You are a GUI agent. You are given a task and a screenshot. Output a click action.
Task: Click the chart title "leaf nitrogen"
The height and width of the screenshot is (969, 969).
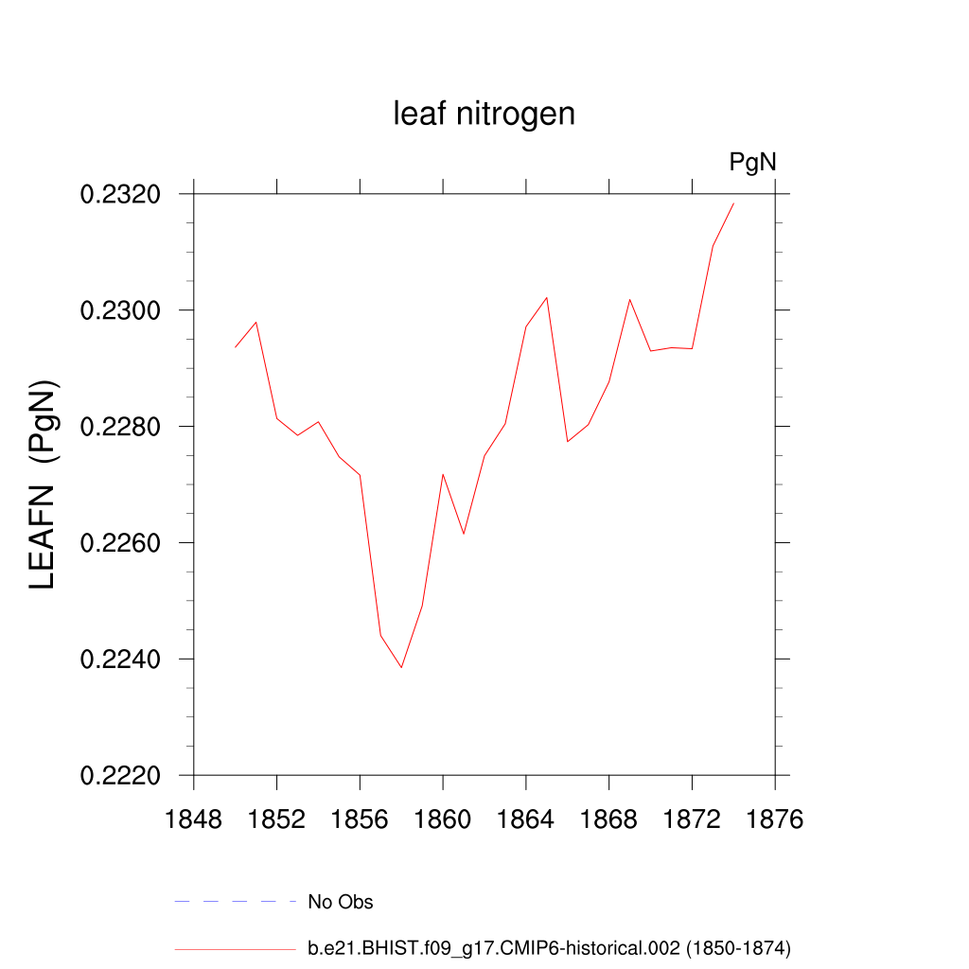click(x=484, y=115)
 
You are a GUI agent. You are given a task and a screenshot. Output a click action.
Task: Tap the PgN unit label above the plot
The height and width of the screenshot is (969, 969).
click(x=752, y=163)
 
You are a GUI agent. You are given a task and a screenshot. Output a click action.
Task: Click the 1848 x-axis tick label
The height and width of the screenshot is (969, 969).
click(x=194, y=819)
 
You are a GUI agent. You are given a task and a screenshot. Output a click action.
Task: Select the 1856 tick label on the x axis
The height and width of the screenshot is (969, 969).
click(x=360, y=819)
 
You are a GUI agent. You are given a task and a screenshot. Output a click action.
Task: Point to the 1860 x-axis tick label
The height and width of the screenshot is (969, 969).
click(x=443, y=819)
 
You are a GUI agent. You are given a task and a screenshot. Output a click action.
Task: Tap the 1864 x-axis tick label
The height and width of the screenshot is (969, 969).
click(x=526, y=819)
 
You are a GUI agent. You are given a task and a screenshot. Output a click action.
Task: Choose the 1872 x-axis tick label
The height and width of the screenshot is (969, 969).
click(x=692, y=819)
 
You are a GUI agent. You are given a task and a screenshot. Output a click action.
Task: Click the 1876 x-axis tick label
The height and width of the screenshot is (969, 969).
click(x=775, y=819)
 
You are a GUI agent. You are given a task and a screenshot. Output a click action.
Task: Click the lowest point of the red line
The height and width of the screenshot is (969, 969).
click(x=401, y=667)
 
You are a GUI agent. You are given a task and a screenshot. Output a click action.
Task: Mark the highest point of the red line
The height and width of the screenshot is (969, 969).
click(x=733, y=203)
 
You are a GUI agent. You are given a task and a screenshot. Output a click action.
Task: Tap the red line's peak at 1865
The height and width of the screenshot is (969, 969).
click(x=547, y=297)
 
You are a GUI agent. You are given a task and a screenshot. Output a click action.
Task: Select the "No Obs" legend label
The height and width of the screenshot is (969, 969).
click(x=341, y=902)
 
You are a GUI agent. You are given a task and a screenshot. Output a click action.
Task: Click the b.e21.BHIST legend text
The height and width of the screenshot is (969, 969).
click(x=549, y=948)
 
